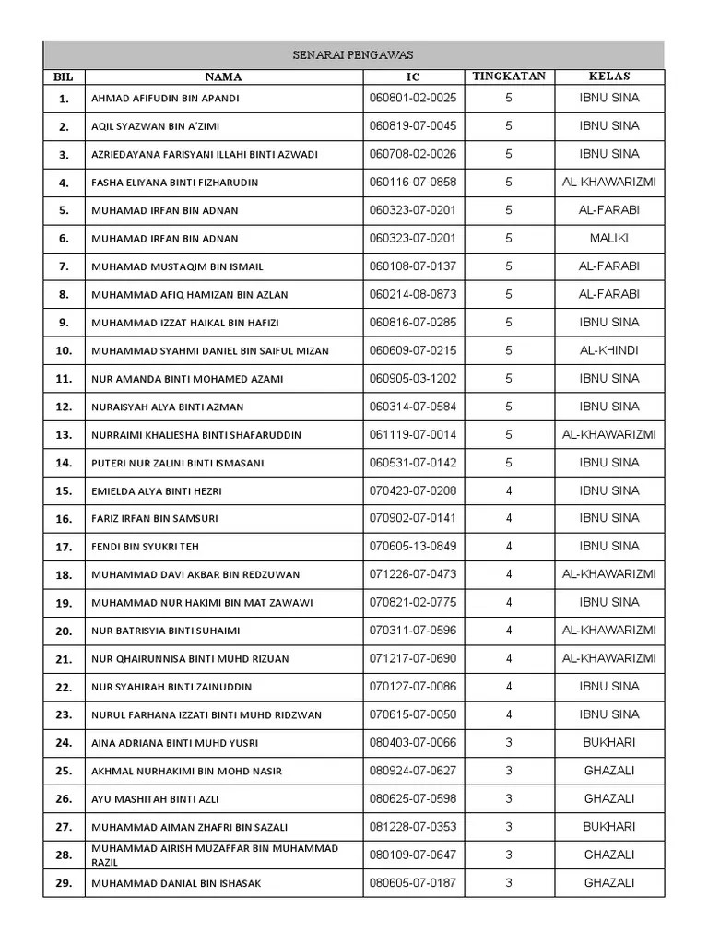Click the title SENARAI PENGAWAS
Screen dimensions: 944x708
(x=354, y=55)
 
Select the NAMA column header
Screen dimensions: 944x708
(x=223, y=77)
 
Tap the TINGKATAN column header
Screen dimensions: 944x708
(x=509, y=77)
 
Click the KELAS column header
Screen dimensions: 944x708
(x=609, y=77)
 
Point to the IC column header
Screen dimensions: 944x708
(x=412, y=77)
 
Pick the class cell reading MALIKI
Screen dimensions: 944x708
(x=609, y=238)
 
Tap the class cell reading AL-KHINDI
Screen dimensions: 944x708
(x=609, y=350)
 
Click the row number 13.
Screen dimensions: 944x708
(x=64, y=435)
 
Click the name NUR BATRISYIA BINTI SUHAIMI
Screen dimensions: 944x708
(x=165, y=631)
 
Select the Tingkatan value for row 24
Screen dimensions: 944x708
(x=509, y=742)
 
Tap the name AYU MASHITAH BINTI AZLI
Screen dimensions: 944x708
(x=154, y=799)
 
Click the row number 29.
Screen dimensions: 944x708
(x=64, y=884)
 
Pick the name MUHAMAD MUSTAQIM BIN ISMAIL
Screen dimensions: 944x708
(x=177, y=266)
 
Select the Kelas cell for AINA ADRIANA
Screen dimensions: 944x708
(x=609, y=742)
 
